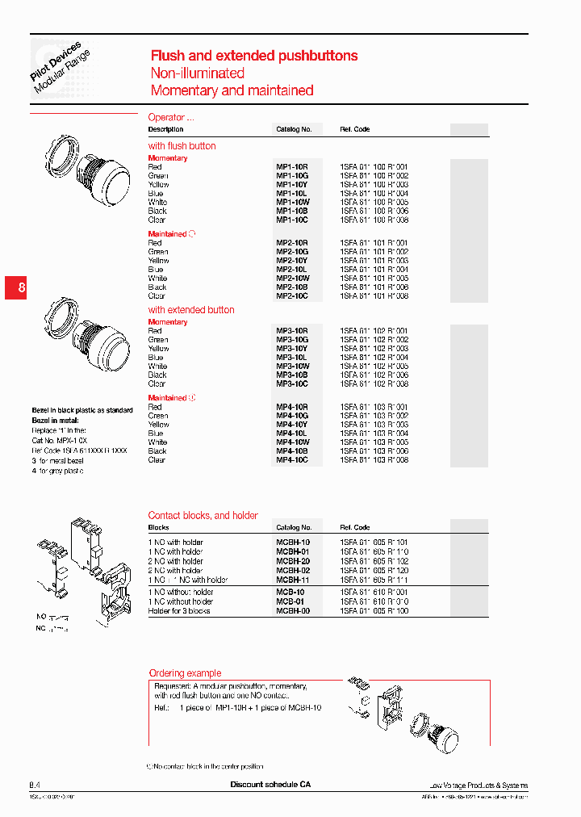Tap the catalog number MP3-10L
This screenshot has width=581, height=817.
pyautogui.click(x=291, y=358)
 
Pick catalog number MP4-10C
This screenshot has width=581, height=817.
pyautogui.click(x=292, y=460)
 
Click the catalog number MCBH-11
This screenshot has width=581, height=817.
pyautogui.click(x=293, y=580)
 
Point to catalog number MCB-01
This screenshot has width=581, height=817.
pyautogui.click(x=290, y=601)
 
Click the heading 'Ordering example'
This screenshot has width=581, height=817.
pyautogui.click(x=185, y=673)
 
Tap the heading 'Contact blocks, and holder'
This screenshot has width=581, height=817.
pyautogui.click(x=203, y=515)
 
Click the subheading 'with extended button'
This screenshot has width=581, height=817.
pyautogui.click(x=191, y=310)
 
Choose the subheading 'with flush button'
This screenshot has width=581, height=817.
pyautogui.click(x=182, y=146)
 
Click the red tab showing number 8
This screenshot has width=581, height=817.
pyautogui.click(x=22, y=288)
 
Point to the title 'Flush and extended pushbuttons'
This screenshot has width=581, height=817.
pyautogui.click(x=254, y=56)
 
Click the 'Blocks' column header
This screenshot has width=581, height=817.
pyautogui.click(x=158, y=527)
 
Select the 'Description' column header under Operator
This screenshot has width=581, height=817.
pyautogui.click(x=165, y=129)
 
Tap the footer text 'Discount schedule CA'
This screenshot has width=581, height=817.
pyautogui.click(x=270, y=785)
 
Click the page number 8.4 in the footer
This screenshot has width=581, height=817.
pyautogui.click(x=35, y=785)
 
